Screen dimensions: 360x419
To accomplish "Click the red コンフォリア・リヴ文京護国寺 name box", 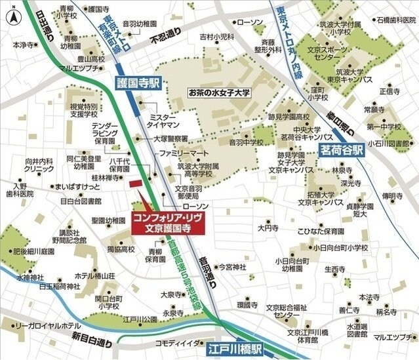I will pos(167,223).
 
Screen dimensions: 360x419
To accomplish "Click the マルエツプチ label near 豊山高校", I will pos(78,68).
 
